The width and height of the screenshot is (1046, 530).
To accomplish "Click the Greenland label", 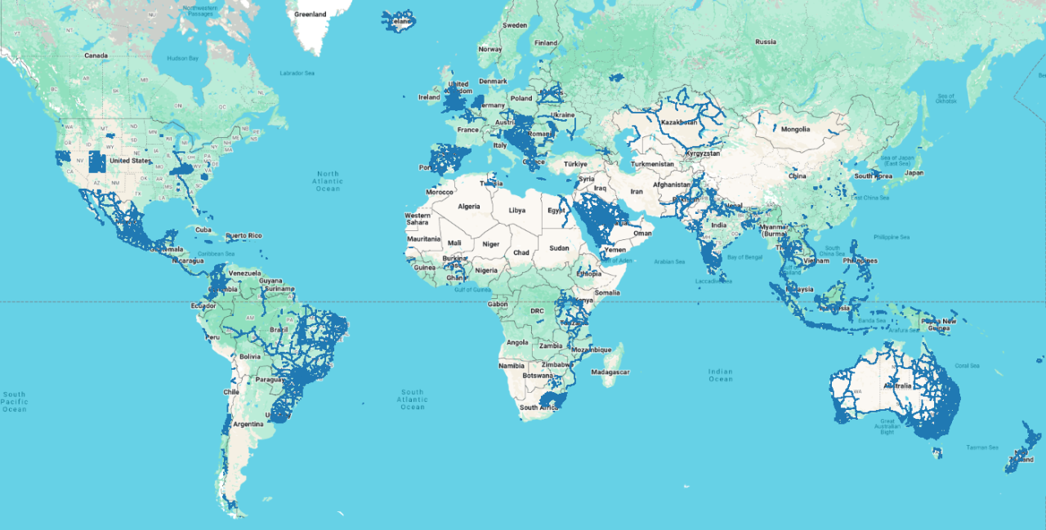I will point(310,14).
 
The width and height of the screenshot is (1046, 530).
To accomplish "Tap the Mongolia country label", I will point(795,129).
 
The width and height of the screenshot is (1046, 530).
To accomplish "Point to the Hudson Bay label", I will point(182,59).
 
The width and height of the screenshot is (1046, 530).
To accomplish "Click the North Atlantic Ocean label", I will point(328,181).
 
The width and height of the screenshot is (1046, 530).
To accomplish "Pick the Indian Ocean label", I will point(721,375).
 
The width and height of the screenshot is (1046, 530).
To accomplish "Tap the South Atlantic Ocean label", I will point(413,399).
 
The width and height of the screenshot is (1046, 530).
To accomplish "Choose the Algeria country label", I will point(470,207).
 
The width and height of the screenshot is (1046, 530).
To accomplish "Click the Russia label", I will point(766,42).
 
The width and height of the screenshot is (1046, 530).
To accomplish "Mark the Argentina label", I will point(248,424).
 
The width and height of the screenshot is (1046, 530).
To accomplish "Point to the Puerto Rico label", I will point(244,236).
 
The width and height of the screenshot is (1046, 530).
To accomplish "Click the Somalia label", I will point(607,292).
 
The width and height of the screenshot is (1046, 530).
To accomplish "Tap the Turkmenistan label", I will point(652,164).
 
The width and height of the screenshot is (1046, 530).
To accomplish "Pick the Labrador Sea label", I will point(297,73).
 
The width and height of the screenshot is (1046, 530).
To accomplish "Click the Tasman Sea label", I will point(982,448).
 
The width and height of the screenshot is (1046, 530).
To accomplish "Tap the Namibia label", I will point(512,365).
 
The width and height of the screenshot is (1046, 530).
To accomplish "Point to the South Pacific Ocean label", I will point(14,401).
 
